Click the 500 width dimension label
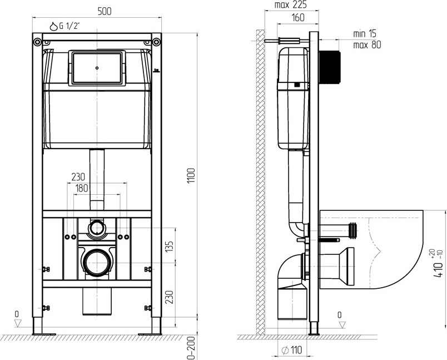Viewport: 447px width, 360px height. (105, 12)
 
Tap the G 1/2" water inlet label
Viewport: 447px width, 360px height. (69, 26)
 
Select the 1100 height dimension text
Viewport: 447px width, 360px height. (191, 176)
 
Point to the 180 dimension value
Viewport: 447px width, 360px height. (82, 188)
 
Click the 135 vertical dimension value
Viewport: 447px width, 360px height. (170, 246)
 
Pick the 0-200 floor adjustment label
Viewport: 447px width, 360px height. (192, 348)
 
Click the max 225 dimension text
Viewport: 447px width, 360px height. (290, 4)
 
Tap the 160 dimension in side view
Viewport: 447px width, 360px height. (298, 17)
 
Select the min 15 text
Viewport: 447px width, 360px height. (365, 33)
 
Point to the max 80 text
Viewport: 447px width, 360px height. (367, 45)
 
